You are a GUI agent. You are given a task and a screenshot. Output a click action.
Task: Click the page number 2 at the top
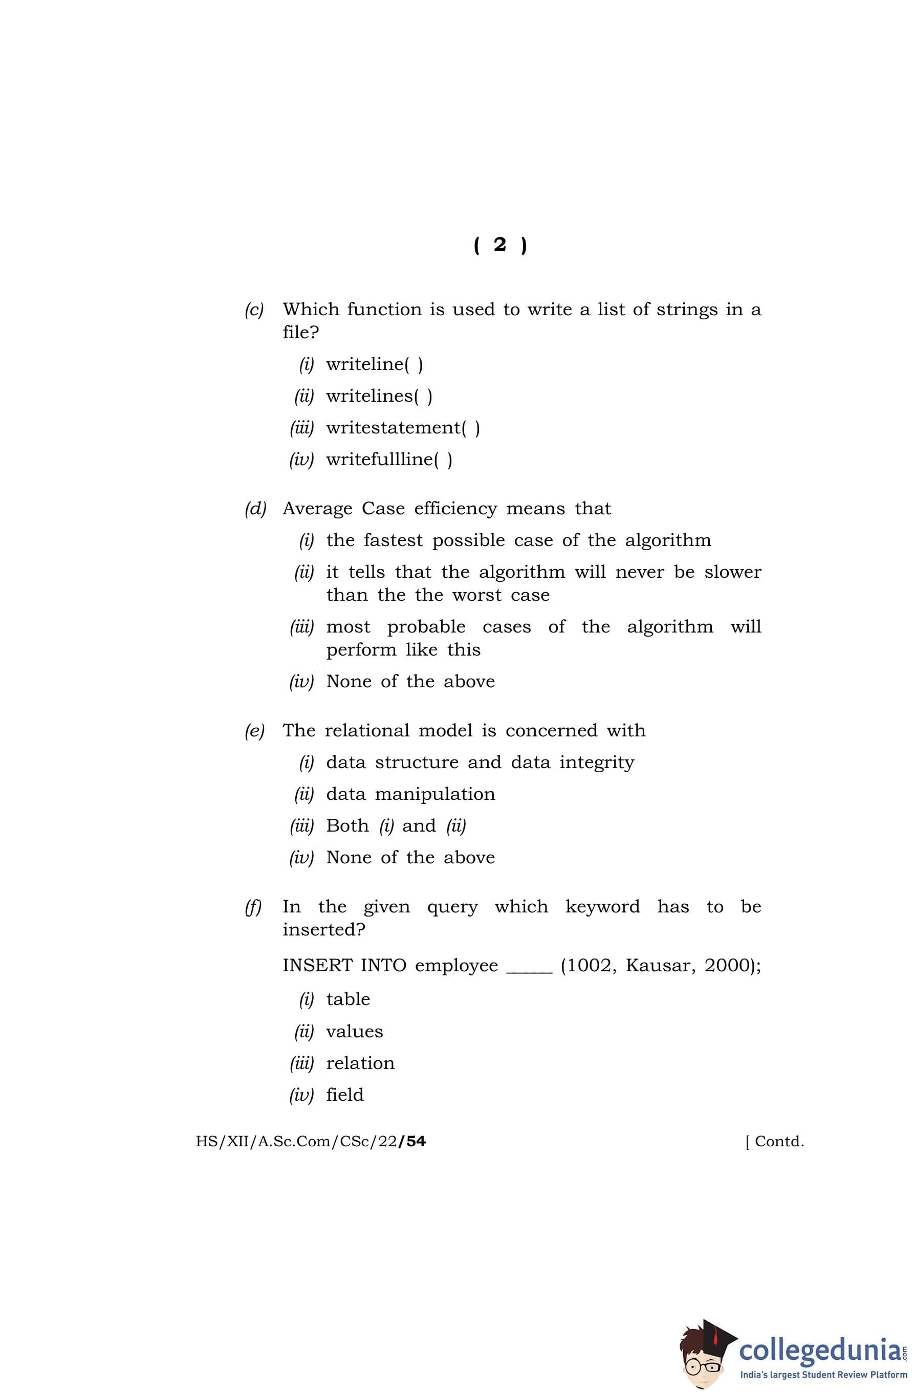click(x=499, y=245)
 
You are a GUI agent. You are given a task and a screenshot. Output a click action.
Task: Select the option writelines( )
click(x=379, y=396)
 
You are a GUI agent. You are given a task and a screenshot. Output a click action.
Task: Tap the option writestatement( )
click(x=403, y=428)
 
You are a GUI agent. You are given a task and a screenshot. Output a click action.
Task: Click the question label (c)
click(x=254, y=310)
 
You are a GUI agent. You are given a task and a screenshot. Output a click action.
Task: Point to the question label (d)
click(x=255, y=509)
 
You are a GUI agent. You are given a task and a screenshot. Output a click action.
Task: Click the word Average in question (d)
click(x=318, y=508)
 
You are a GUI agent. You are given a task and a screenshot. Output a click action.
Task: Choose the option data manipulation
click(x=410, y=794)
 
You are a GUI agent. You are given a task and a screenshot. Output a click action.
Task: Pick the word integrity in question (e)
click(x=596, y=762)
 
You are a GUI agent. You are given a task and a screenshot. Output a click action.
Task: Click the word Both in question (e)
click(x=347, y=826)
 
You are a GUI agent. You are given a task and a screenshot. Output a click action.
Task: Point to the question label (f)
click(x=253, y=907)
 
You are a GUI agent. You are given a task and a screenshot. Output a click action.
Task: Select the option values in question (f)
click(x=354, y=1032)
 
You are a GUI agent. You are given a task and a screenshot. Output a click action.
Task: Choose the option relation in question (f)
click(x=360, y=1063)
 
